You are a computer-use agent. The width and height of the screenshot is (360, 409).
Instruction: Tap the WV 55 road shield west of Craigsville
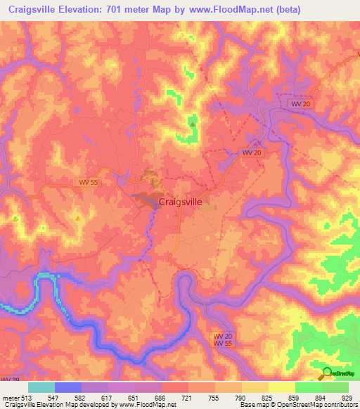tap(85, 182)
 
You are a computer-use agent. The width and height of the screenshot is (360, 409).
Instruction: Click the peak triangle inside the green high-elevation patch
tap(192, 124)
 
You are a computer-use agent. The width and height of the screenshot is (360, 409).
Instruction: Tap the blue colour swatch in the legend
tap(68, 387)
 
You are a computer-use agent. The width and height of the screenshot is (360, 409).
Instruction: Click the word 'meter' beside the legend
tap(11, 397)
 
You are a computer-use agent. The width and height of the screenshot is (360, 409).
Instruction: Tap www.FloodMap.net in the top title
tap(257, 10)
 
